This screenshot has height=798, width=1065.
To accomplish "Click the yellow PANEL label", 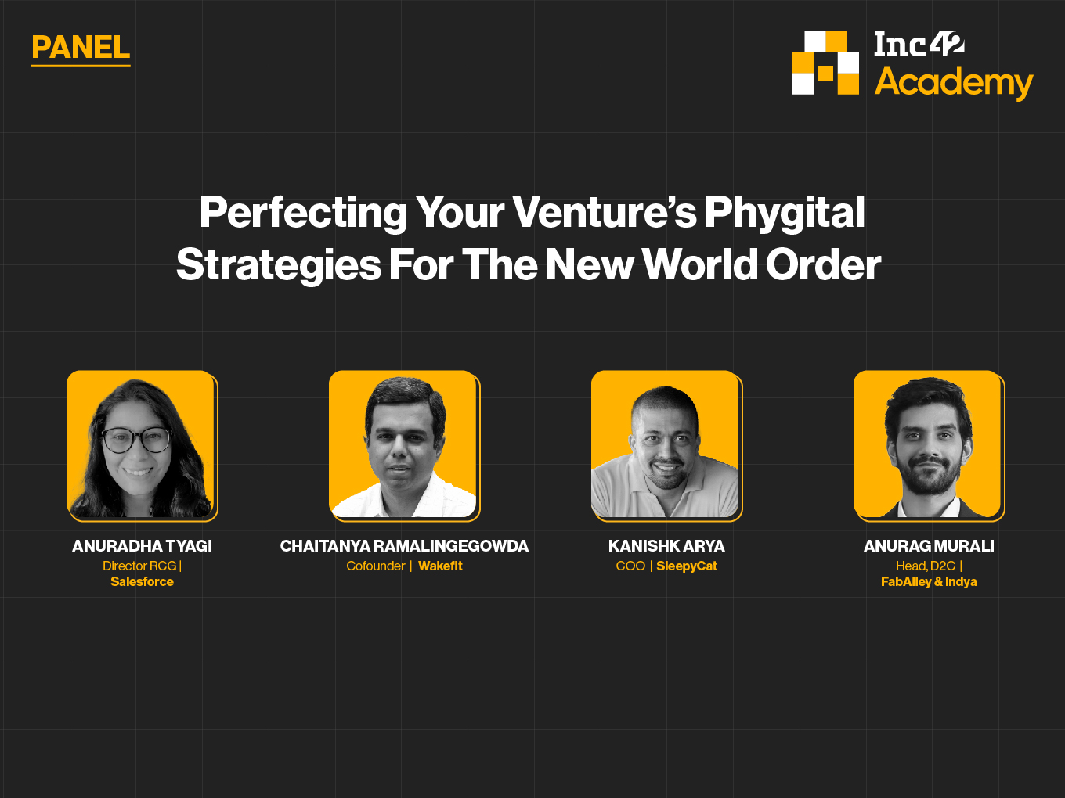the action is tap(81, 48).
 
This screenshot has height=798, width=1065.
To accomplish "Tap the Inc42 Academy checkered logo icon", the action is tap(825, 63).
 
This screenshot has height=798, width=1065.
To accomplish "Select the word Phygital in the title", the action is tap(785, 213).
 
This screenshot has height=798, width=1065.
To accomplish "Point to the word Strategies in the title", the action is tap(279, 265).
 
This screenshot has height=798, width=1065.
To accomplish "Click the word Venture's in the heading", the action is tap(605, 212).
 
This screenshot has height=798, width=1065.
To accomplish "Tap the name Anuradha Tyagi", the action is tap(143, 546).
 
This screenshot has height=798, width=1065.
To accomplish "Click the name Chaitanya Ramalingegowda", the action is tap(404, 546).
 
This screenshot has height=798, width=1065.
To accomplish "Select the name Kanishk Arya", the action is tap(666, 546).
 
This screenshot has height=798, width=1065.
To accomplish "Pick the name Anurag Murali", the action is tap(929, 546).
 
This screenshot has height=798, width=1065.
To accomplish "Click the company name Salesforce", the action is tap(143, 581).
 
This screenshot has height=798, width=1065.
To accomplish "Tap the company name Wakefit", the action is tap(441, 566).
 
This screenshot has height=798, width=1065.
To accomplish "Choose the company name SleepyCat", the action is tap(687, 566).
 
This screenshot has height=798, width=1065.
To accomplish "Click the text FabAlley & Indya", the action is tap(929, 582).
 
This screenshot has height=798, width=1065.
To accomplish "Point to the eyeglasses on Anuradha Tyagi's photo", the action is tap(136, 440).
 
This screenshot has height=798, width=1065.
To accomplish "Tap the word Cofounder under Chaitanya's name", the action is tap(376, 566).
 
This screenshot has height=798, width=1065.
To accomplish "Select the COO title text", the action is tap(630, 566).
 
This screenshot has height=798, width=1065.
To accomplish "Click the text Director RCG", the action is tap(139, 566).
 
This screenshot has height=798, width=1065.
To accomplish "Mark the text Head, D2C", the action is tap(926, 566).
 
